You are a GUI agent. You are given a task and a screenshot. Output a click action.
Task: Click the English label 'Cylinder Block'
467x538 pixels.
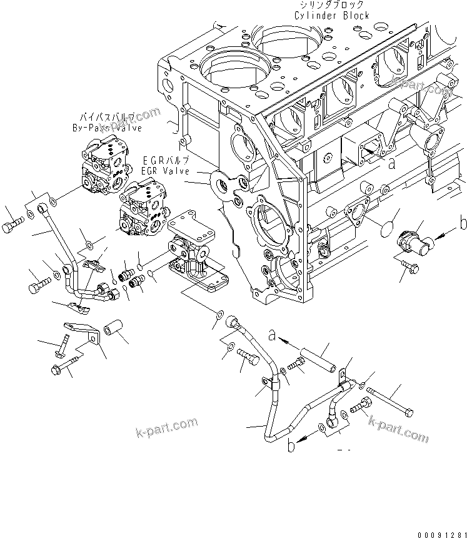(331, 16)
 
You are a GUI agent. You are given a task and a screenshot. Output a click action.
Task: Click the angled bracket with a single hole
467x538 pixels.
(81, 332)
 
